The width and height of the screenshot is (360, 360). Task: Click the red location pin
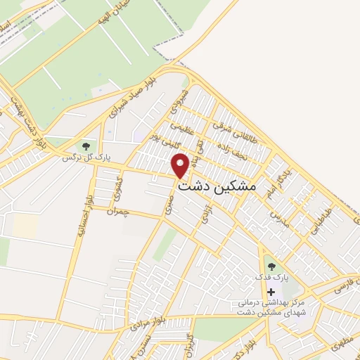[181, 165]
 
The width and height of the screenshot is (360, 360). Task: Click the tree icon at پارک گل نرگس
[86, 146]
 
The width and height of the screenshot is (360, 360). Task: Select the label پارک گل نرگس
[85, 157]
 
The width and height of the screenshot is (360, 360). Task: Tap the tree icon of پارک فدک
[271, 266]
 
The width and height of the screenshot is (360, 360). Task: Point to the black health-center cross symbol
[271, 291]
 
